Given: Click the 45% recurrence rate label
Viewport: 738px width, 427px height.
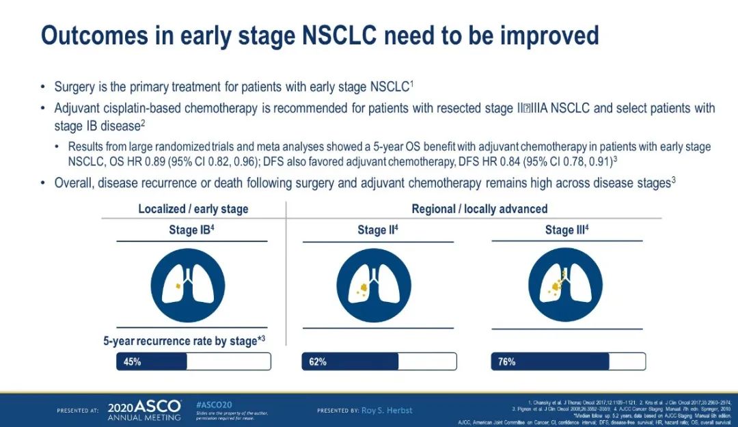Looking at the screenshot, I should tap(132, 361).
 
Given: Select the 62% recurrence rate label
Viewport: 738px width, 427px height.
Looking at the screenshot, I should tap(318, 361).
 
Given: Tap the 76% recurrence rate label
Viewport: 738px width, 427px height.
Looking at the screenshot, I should tap(506, 361).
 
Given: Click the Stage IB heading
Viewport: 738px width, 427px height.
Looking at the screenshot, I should tap(192, 230).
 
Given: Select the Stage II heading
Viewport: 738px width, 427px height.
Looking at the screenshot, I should tap(377, 230).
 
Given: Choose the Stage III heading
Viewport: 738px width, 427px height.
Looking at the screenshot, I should tap(566, 230).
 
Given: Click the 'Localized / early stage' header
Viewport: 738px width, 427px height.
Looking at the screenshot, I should tap(193, 208).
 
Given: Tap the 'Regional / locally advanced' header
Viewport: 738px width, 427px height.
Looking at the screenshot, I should tap(479, 208).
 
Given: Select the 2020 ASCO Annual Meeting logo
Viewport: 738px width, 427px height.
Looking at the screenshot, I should tap(145, 409).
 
